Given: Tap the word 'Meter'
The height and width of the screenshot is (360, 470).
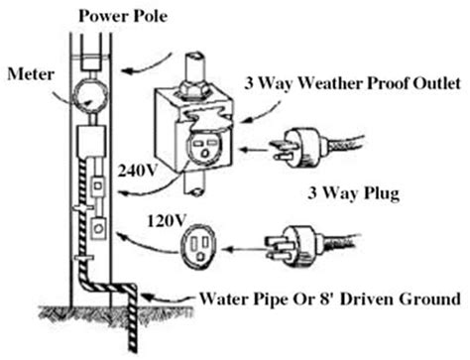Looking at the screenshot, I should coord(27,74).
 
